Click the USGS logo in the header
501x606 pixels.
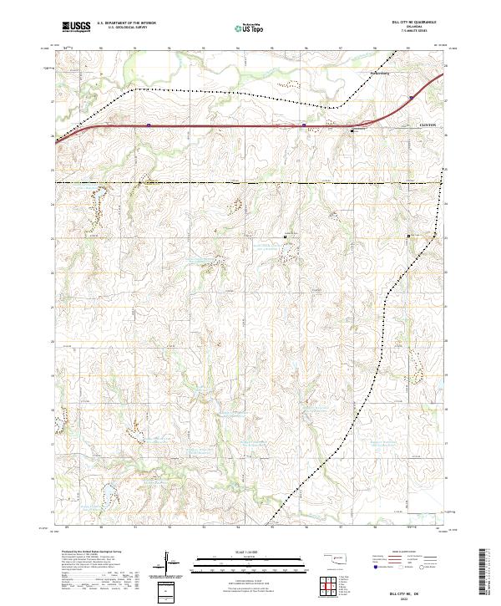click(x=76, y=27)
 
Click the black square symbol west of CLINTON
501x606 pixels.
click(x=352, y=130)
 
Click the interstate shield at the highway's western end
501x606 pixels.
click(x=148, y=125)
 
